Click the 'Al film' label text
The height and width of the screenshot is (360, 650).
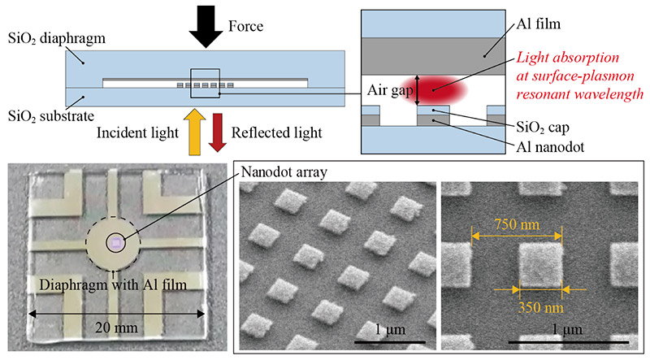pyautogui.click(x=547, y=26)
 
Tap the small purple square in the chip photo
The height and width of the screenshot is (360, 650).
pyautogui.click(x=116, y=242)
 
